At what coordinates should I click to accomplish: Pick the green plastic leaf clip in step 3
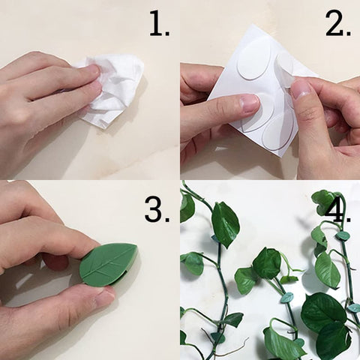pyautogui.click(x=109, y=264)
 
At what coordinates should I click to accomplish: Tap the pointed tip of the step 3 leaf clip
pyautogui.click(x=136, y=247)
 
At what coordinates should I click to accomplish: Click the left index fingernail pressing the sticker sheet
pyautogui.click(x=248, y=103)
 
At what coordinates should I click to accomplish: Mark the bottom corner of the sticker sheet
pyautogui.click(x=280, y=157)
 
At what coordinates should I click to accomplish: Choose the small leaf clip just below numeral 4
pyautogui.click(x=342, y=236)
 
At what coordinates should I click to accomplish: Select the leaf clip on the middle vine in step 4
pyautogui.click(x=286, y=298)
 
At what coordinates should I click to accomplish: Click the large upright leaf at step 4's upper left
pyautogui.click(x=225, y=224)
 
